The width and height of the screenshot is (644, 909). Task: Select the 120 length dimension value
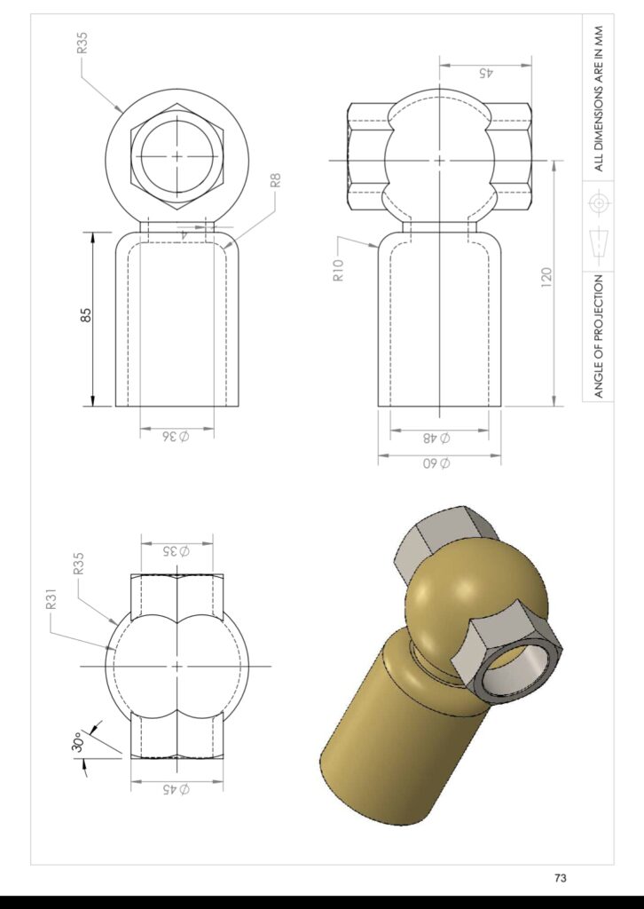[546, 276]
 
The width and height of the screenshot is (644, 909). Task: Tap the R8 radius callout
[275, 180]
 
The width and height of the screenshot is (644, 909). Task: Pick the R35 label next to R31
[79, 565]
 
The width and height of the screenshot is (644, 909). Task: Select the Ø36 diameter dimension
[176, 436]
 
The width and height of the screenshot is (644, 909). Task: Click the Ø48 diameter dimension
[438, 438]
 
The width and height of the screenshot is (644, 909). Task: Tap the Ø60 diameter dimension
[438, 463]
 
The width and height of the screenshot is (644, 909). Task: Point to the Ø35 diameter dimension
[177, 550]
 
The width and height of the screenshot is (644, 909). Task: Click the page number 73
[560, 878]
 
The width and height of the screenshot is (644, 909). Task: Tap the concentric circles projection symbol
[600, 203]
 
